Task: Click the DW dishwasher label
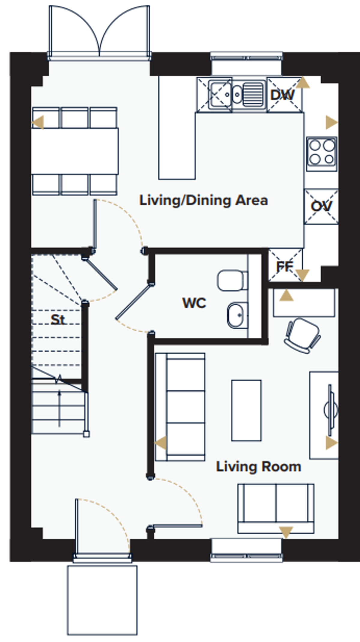click(282, 95)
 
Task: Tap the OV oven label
click(321, 206)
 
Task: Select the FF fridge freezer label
click(284, 266)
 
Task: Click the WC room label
click(194, 303)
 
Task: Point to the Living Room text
click(258, 466)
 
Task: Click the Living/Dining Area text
click(203, 200)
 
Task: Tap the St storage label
click(57, 319)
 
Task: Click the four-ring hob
click(322, 153)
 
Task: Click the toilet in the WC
click(232, 281)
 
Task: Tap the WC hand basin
click(237, 315)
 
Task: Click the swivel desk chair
click(302, 335)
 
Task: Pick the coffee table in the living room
click(246, 410)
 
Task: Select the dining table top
click(75, 151)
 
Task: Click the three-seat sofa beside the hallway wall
click(180, 407)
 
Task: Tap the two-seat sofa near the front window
click(276, 508)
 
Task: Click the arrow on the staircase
click(59, 408)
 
